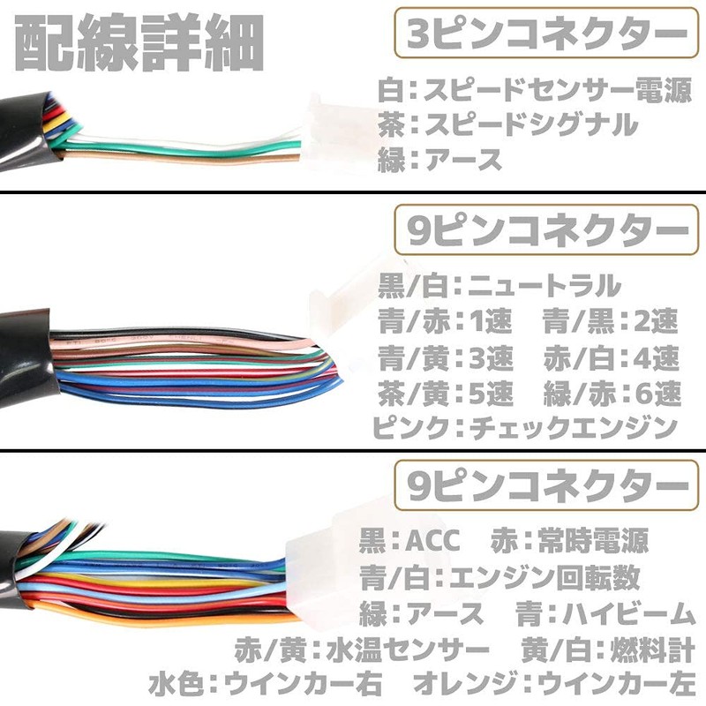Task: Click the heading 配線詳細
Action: pyautogui.click(x=139, y=42)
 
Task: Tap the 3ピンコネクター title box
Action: pyautogui.click(x=546, y=33)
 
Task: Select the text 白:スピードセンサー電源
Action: pyautogui.click(x=535, y=91)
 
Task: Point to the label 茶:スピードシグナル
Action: pyautogui.click(x=508, y=124)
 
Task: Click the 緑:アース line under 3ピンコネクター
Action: pyautogui.click(x=439, y=160)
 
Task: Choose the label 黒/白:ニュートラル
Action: pyautogui.click(x=499, y=285)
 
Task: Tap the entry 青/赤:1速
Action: pyautogui.click(x=445, y=321)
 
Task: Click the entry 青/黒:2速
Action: pyautogui.click(x=611, y=321)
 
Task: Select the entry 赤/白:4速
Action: pyautogui.click(x=611, y=358)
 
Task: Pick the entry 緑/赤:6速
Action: pyautogui.click(x=612, y=394)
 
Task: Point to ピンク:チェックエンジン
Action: pyautogui.click(x=525, y=428)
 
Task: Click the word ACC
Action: pyautogui.click(x=432, y=540)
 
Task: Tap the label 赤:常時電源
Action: pyautogui.click(x=569, y=540)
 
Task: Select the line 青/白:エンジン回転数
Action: pyautogui.click(x=499, y=578)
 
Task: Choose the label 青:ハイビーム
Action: pyautogui.click(x=606, y=613)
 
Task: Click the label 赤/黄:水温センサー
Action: pyautogui.click(x=362, y=650)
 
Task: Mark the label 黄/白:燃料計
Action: pyautogui.click(x=608, y=650)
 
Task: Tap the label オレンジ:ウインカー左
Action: pyautogui.click(x=555, y=684)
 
